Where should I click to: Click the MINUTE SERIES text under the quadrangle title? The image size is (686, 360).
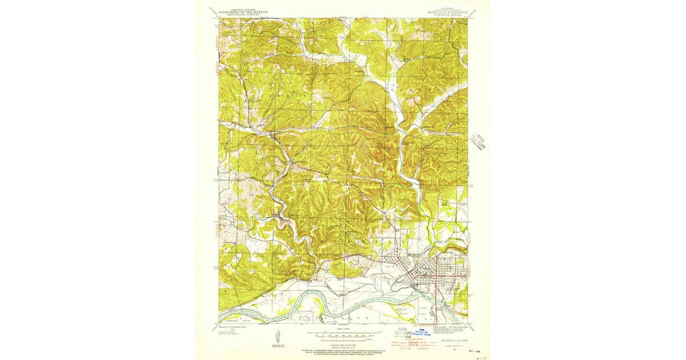coord(446,15)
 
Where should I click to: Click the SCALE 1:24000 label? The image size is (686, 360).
coord(342,329)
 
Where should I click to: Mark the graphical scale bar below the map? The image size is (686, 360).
coord(342,333)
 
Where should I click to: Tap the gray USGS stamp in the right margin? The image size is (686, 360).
coord(478,142)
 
